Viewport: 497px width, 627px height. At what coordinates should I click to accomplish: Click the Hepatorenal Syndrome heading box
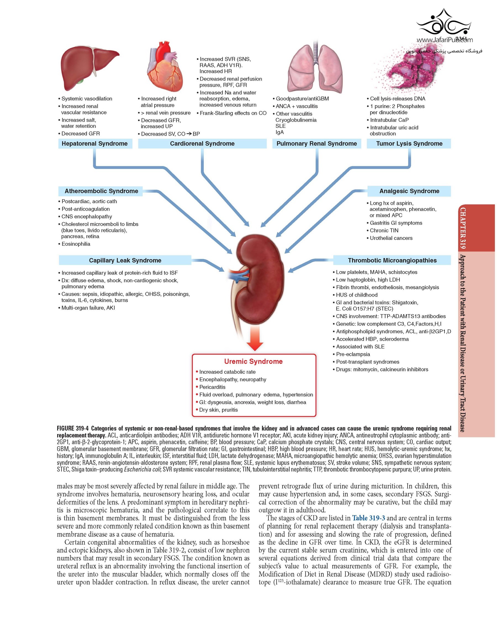(94, 143)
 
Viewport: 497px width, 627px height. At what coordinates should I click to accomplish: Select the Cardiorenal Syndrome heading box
(202, 143)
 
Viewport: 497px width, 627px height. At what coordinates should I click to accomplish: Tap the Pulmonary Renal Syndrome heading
(316, 143)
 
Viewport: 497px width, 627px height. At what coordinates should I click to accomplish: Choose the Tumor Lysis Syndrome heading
(409, 143)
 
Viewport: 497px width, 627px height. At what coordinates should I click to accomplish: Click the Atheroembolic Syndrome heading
(101, 191)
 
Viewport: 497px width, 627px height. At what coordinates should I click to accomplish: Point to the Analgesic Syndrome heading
(409, 191)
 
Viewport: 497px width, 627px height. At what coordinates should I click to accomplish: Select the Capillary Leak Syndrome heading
(125, 260)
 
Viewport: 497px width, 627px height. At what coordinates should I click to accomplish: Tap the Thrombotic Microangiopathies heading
(392, 260)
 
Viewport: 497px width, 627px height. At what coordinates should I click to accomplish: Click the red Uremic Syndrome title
(253, 361)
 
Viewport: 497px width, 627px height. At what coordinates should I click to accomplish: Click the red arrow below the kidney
(255, 339)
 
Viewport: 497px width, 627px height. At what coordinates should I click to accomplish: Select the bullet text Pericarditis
(212, 387)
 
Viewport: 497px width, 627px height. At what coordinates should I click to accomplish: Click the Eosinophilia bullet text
(76, 244)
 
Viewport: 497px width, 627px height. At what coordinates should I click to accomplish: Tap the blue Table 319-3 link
(368, 518)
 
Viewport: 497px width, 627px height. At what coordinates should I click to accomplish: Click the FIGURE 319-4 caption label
(73, 428)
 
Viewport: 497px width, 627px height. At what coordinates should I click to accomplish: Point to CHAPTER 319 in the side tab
(462, 228)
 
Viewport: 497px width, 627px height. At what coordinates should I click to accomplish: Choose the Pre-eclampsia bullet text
(353, 354)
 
